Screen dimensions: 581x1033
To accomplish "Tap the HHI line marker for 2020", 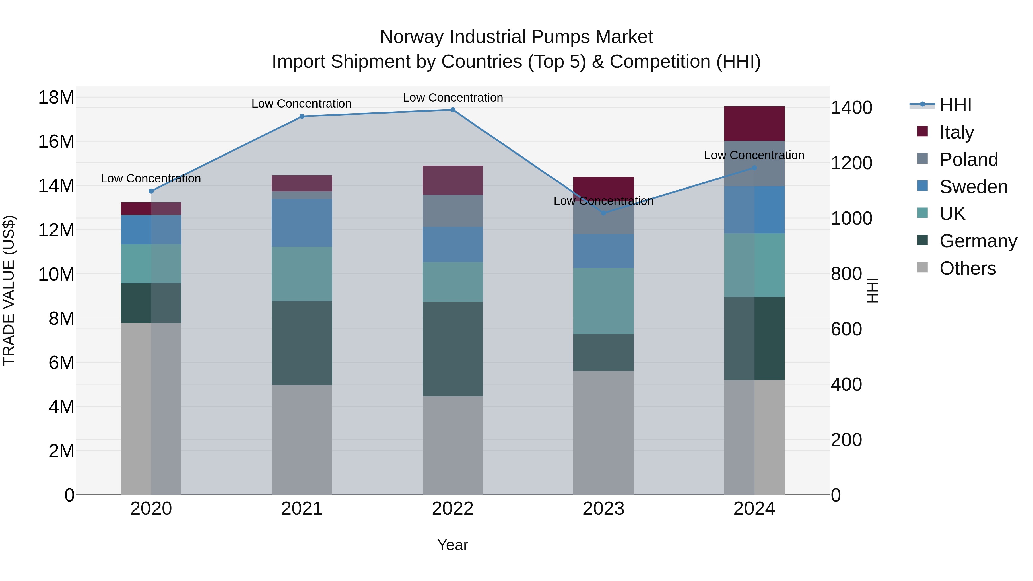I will click(x=151, y=191).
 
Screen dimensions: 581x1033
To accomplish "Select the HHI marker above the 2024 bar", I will click(x=754, y=168).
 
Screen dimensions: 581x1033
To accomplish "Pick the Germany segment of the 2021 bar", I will click(x=302, y=343).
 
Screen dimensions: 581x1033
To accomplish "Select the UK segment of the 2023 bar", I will click(x=603, y=301).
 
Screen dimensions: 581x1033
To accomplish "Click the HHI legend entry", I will click(x=955, y=105).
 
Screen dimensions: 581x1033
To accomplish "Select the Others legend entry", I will click(x=967, y=268).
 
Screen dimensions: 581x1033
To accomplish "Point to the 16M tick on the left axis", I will click(x=56, y=141).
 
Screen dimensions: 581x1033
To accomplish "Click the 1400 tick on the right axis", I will click(x=851, y=108).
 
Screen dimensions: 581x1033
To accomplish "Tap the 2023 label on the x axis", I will click(x=603, y=509).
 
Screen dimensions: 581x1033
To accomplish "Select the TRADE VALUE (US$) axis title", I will click(x=9, y=290).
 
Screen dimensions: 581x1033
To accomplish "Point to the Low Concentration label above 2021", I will click(x=301, y=104).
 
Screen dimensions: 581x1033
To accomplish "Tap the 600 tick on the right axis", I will click(x=846, y=329).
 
